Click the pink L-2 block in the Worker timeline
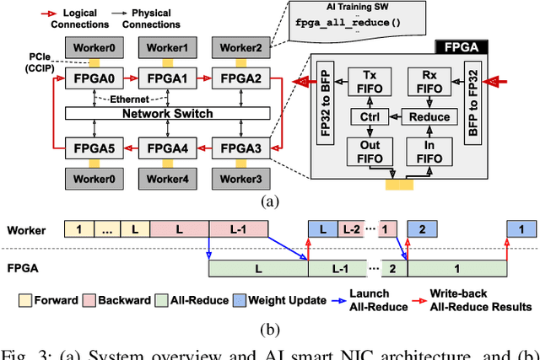coord(351,229)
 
